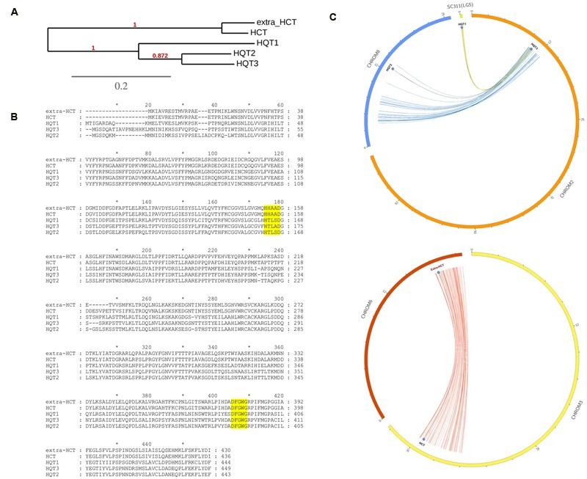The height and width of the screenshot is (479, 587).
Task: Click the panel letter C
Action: coord(334,16)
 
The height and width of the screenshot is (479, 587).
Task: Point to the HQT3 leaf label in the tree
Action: coord(249,64)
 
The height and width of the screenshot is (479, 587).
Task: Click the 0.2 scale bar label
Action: coord(121,86)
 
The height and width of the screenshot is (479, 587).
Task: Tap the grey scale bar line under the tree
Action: coord(121,75)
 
